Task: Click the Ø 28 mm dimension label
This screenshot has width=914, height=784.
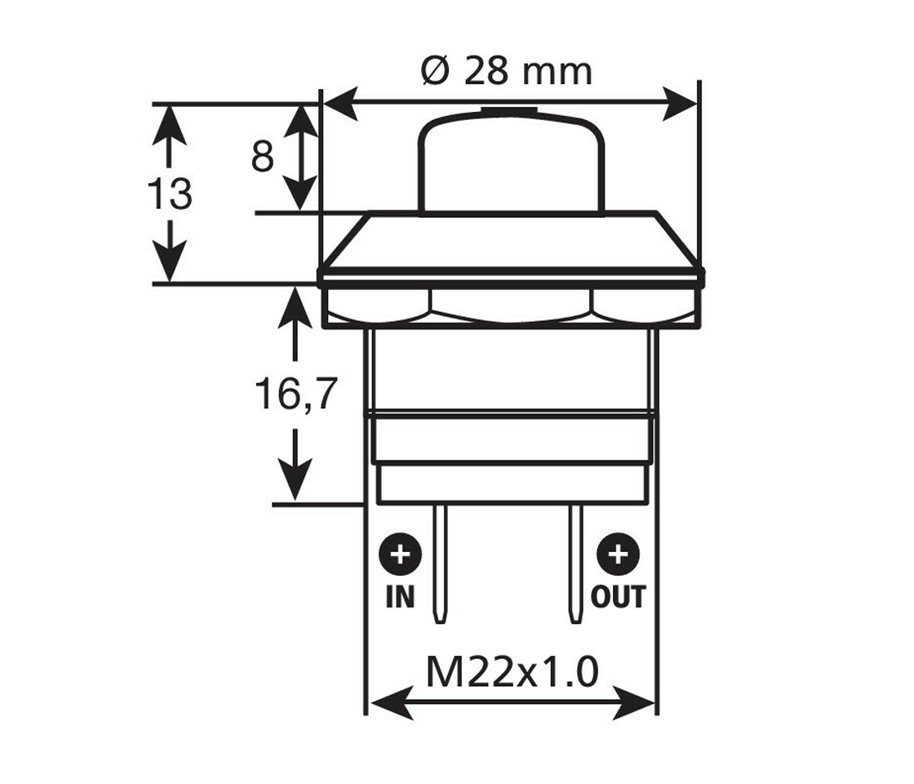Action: [x=506, y=71]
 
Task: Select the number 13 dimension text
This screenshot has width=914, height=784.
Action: [x=170, y=194]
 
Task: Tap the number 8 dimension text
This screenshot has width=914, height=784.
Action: [x=262, y=156]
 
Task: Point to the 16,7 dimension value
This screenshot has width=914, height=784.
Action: [x=295, y=394]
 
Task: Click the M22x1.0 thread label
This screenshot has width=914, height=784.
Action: [x=512, y=673]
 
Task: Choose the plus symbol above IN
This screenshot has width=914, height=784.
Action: [x=400, y=556]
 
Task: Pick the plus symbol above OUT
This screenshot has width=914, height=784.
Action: [x=618, y=556]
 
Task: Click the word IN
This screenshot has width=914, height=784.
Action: [x=400, y=597]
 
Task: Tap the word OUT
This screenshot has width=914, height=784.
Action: [x=618, y=597]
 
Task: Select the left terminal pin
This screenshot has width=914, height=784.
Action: [x=441, y=563]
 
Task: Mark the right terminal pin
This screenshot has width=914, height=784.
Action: [x=577, y=563]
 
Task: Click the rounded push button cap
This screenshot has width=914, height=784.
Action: [x=512, y=163]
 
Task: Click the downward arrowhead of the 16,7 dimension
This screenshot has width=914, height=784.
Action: [x=295, y=482]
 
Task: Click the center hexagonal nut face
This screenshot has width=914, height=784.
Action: [x=512, y=307]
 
